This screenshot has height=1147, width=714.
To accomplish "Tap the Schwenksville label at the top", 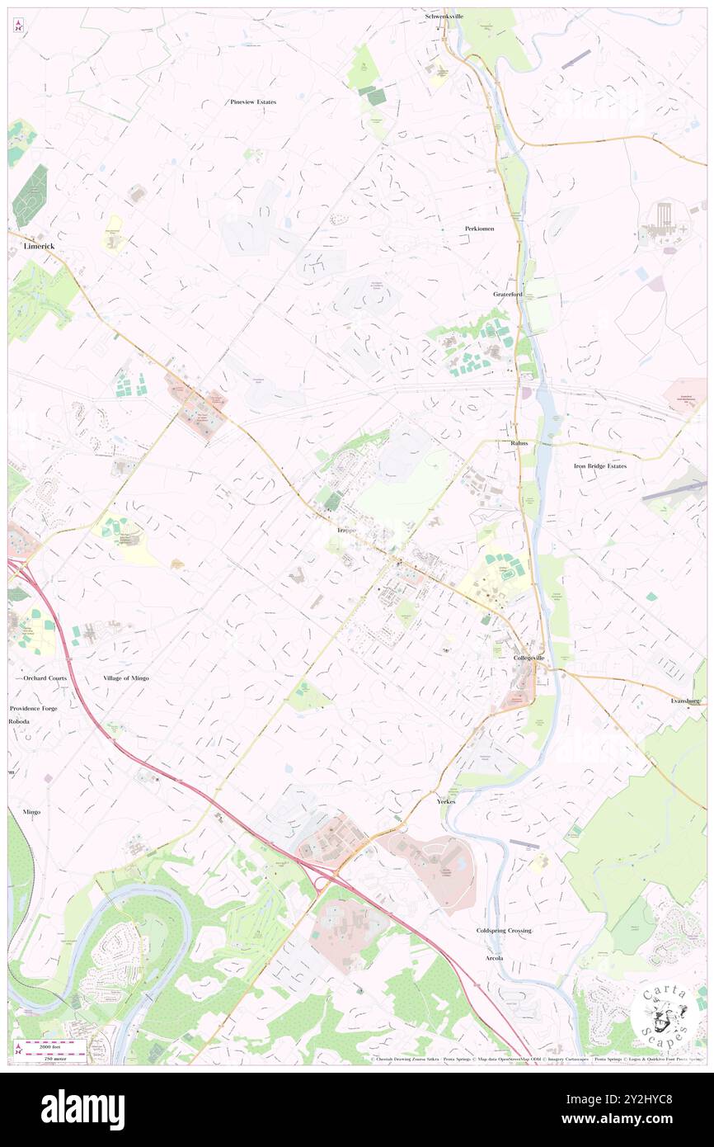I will pyautogui.click(x=449, y=16).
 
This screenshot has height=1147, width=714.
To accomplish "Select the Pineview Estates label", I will pyautogui.click(x=253, y=101).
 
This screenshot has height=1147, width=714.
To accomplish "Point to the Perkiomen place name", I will pyautogui.click(x=478, y=228).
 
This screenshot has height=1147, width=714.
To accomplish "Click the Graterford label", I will pyautogui.click(x=509, y=294).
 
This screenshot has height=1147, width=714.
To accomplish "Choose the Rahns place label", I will pyautogui.click(x=519, y=443).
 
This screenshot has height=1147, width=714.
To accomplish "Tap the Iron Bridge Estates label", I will pyautogui.click(x=600, y=465).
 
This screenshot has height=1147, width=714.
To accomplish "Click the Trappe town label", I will pyautogui.click(x=347, y=529).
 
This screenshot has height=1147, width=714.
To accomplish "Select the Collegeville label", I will pyautogui.click(x=529, y=658).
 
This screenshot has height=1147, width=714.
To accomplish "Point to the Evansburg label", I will pyautogui.click(x=685, y=700).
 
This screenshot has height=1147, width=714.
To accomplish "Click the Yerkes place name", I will pyautogui.click(x=446, y=800).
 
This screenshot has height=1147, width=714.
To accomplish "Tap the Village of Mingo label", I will pyautogui.click(x=126, y=677).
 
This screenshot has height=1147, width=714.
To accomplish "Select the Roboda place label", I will pyautogui.click(x=19, y=721).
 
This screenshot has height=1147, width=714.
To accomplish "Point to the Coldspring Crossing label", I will pyautogui.click(x=504, y=930).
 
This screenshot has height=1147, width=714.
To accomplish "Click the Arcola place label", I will pyautogui.click(x=495, y=957).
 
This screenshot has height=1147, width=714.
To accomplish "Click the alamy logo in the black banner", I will pyautogui.click(x=82, y=1109).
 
